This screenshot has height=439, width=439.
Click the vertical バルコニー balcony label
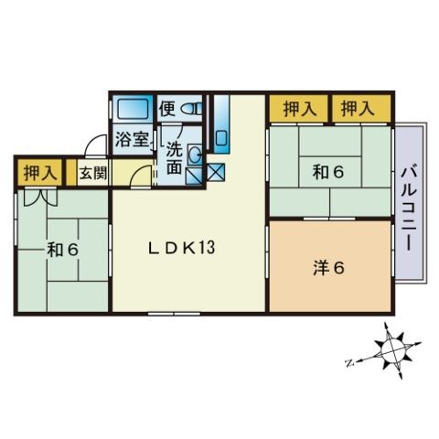coord(409,206)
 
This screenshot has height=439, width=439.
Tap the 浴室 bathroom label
coord(132,141)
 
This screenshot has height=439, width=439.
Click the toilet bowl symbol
coord(190,110)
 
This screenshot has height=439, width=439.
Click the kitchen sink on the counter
coord(220,138)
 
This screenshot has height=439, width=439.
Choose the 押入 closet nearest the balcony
coord(359,109)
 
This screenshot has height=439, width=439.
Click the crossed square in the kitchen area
coord(216,171)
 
